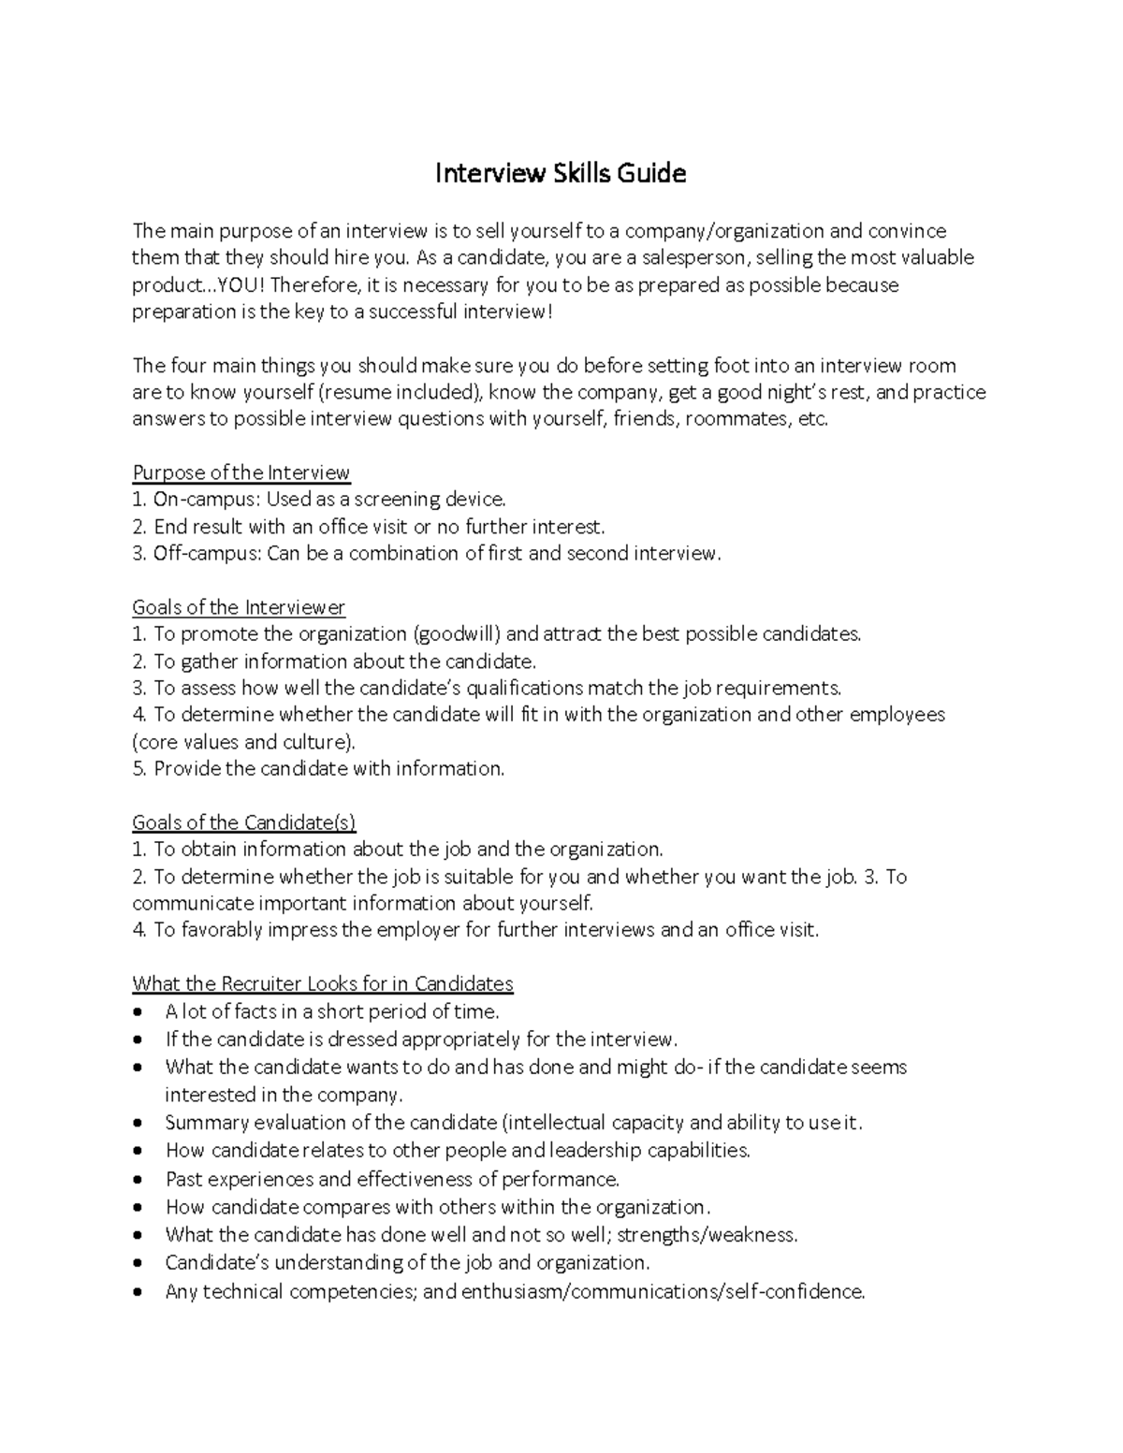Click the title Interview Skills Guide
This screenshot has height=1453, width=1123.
[x=560, y=173]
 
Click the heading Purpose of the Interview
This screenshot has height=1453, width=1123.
[x=241, y=472]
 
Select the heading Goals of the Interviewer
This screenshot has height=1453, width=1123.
[x=239, y=607]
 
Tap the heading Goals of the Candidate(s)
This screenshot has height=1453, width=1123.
[x=243, y=822]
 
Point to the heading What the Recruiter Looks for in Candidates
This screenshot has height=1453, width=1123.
[x=323, y=983]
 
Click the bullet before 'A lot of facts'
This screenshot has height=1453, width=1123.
[x=139, y=1012]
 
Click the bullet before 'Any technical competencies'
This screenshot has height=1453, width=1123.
[x=139, y=1292]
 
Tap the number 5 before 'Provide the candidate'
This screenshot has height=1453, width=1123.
[x=138, y=769]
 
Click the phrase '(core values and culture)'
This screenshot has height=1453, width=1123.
[x=244, y=742]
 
